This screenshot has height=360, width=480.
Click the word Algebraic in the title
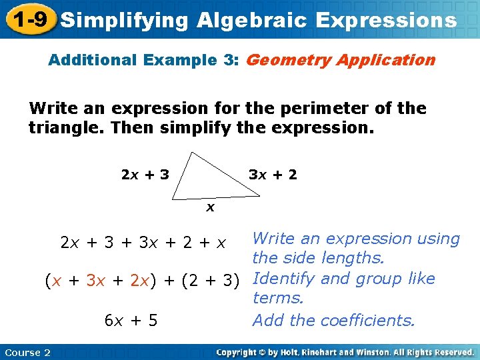point(252,20)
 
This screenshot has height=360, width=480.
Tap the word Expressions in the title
point(386,20)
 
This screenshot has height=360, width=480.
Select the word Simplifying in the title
point(124,20)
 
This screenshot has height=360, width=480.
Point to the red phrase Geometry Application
point(341,60)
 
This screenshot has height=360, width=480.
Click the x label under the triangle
point(210,207)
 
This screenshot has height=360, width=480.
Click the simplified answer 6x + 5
point(131,321)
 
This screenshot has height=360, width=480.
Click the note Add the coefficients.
point(333,321)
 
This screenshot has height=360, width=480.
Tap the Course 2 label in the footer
point(27,353)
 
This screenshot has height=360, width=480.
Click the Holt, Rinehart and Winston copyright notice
point(345,352)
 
